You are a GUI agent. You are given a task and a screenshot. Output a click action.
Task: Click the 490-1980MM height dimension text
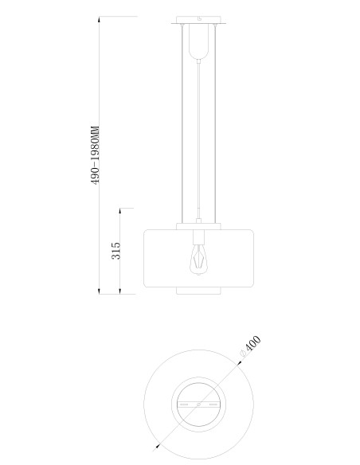[96, 155]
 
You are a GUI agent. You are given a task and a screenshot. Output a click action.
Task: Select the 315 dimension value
[116, 251]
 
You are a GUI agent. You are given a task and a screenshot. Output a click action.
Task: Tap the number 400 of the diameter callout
[253, 343]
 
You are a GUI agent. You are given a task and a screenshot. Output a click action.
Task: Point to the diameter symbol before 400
[242, 354]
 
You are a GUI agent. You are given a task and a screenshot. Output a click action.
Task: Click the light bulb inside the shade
[198, 260]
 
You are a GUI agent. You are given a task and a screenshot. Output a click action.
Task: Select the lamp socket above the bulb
[198, 236]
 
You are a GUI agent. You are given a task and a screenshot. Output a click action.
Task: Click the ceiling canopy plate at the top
[198, 20]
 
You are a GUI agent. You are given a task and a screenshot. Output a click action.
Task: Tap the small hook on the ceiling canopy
[200, 18]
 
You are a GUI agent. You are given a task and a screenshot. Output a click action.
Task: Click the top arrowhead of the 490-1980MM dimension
[99, 20]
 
